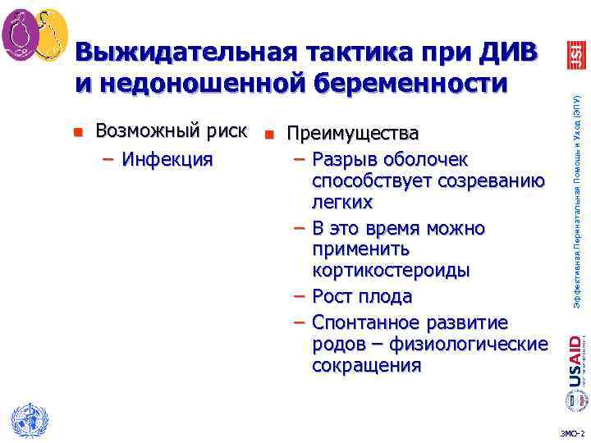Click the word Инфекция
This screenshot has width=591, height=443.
coord(167,158)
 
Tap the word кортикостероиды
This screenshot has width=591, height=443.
coord(391,271)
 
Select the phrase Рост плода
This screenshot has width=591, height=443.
coord(362,296)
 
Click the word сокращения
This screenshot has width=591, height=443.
coord(366,365)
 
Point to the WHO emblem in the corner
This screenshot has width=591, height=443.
coord(25,420)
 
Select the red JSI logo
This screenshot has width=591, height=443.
coord(574,53)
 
